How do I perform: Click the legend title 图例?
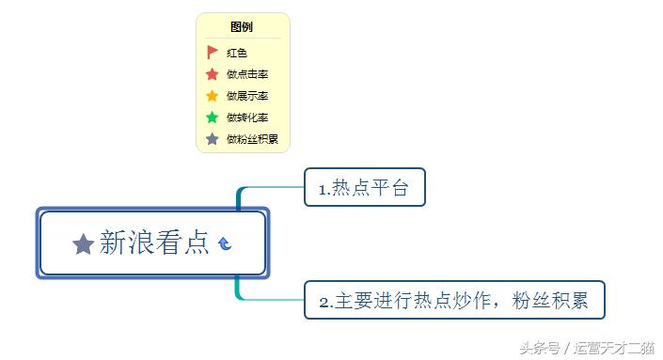coord(242,27)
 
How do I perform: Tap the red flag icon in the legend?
coord(212,53)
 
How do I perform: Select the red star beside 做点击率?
coord(212,74)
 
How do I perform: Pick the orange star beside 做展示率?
coord(212,96)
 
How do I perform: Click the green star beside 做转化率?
coord(212,117)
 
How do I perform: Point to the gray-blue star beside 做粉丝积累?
coord(212,139)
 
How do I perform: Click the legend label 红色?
coord(236,53)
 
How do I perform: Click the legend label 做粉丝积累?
coord(252,139)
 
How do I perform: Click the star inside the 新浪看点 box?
coord(83,244)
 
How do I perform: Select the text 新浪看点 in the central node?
coord(154,243)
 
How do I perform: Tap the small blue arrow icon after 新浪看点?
coord(225,244)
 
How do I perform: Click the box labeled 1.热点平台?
coord(365,188)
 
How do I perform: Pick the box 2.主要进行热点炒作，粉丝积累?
coord(453,301)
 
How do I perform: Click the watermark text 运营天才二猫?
coord(615,348)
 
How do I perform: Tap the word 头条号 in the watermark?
coord(540,348)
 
